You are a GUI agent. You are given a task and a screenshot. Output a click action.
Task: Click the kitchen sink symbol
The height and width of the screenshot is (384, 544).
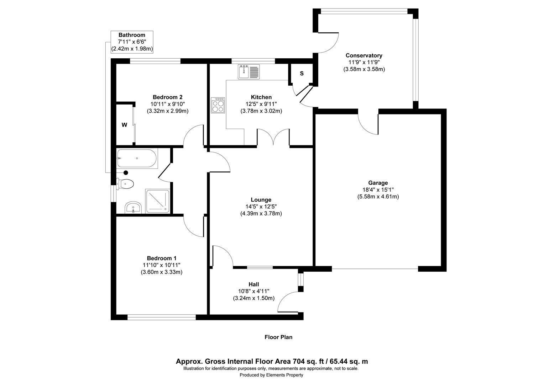click(249, 72)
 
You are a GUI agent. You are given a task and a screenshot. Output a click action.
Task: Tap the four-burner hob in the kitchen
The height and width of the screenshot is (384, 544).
click(218, 105)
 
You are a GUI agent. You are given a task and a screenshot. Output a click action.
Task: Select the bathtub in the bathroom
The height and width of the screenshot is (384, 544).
click(137, 159)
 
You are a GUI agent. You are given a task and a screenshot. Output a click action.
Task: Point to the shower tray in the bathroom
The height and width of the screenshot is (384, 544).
click(157, 201)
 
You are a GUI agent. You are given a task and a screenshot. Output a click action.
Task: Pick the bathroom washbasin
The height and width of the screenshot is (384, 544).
click(133, 208)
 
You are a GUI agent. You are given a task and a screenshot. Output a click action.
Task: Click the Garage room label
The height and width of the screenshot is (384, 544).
click(378, 183)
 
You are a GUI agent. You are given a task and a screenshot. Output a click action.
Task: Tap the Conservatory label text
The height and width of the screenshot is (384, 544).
click(364, 55)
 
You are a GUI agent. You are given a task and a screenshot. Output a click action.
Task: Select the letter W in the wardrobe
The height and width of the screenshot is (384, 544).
click(124, 125)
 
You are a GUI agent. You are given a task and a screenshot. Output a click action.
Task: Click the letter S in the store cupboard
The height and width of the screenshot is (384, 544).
click(302, 74)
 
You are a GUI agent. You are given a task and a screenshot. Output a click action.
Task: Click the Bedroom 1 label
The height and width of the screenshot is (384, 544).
click(162, 258)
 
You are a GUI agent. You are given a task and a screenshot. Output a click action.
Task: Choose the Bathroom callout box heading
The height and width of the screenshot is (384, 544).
click(132, 35)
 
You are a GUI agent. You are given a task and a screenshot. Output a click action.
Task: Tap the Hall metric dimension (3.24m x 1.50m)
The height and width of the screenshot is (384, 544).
click(253, 298)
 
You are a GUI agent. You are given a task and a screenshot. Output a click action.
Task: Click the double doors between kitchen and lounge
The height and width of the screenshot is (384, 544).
click(273, 137)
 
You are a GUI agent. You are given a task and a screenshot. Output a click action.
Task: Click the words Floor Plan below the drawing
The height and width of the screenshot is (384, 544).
click(278, 337)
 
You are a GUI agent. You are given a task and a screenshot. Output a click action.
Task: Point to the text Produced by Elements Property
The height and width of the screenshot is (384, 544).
click(271, 375)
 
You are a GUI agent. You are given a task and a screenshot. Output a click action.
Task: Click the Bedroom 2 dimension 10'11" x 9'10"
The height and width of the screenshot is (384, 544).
click(167, 104)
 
